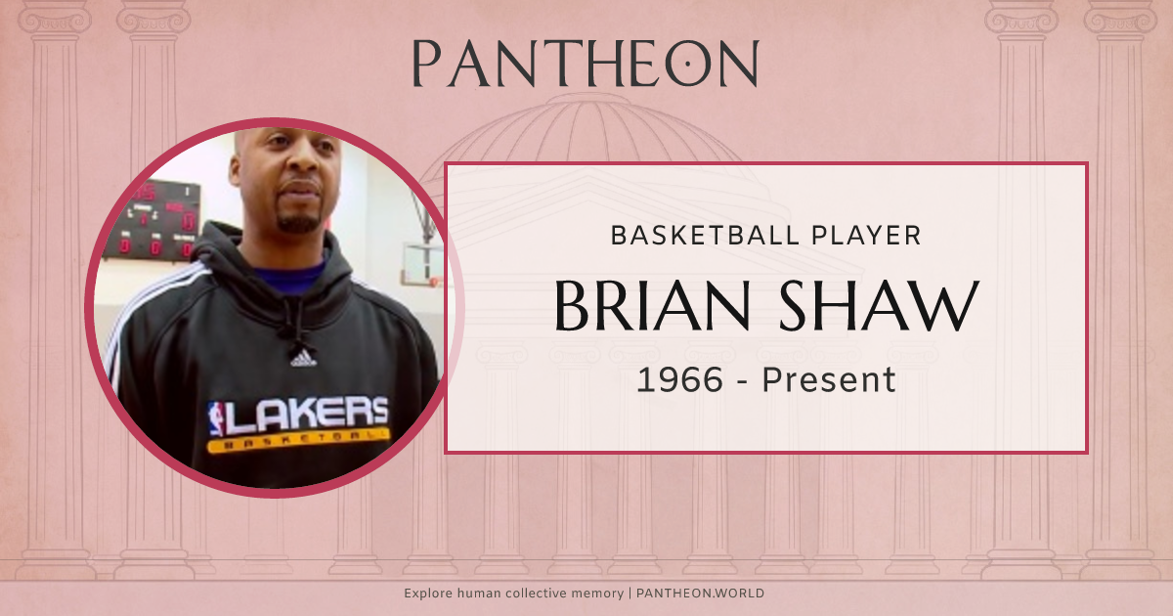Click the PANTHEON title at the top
(x=585, y=64)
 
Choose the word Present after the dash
(x=829, y=379)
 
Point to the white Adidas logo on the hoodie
(x=303, y=358)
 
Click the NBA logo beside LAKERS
(x=216, y=418)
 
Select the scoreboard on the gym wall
(x=152, y=220)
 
